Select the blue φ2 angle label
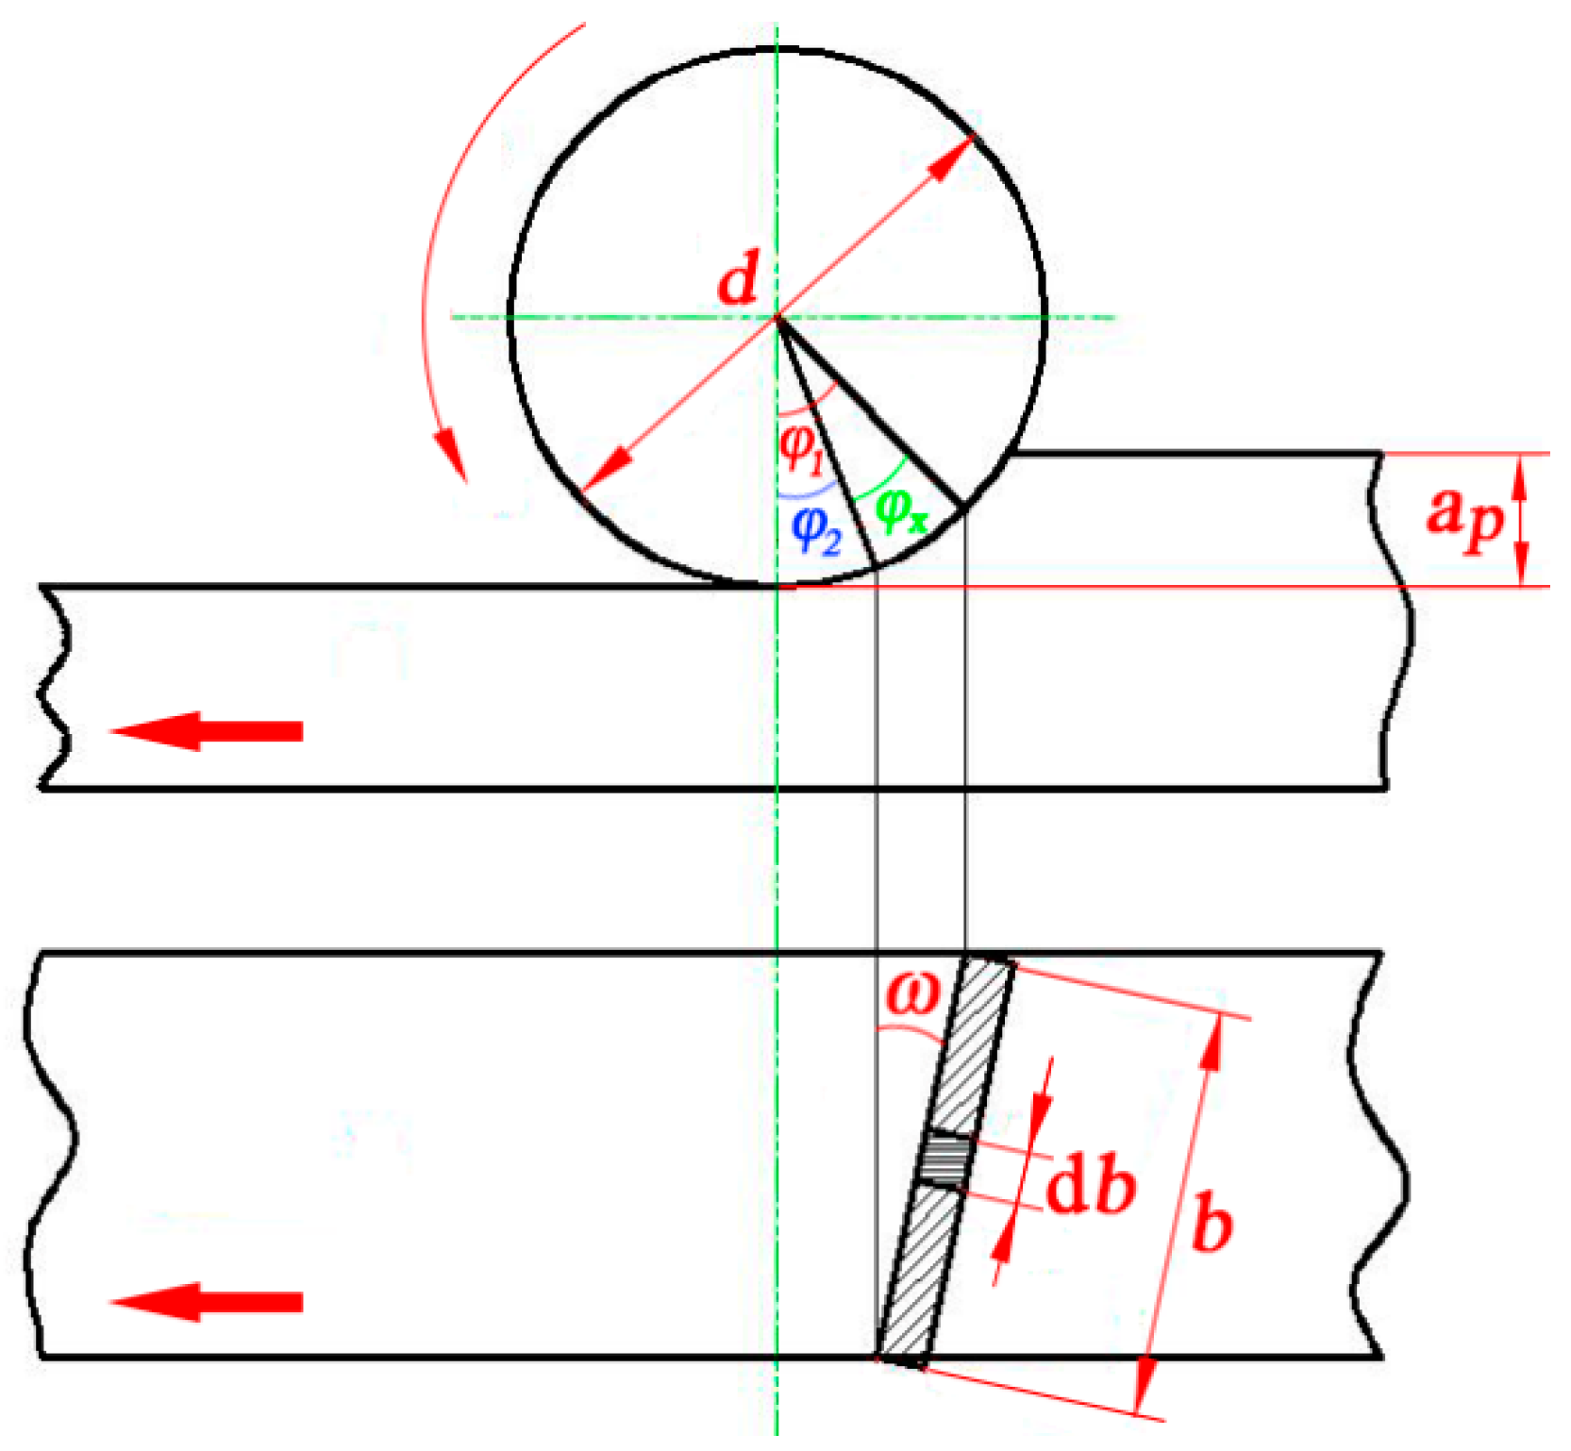coord(815,530)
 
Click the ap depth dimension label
coord(1463,516)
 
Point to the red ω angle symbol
coord(913,993)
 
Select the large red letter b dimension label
coord(1212,1222)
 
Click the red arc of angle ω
coord(911,1029)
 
